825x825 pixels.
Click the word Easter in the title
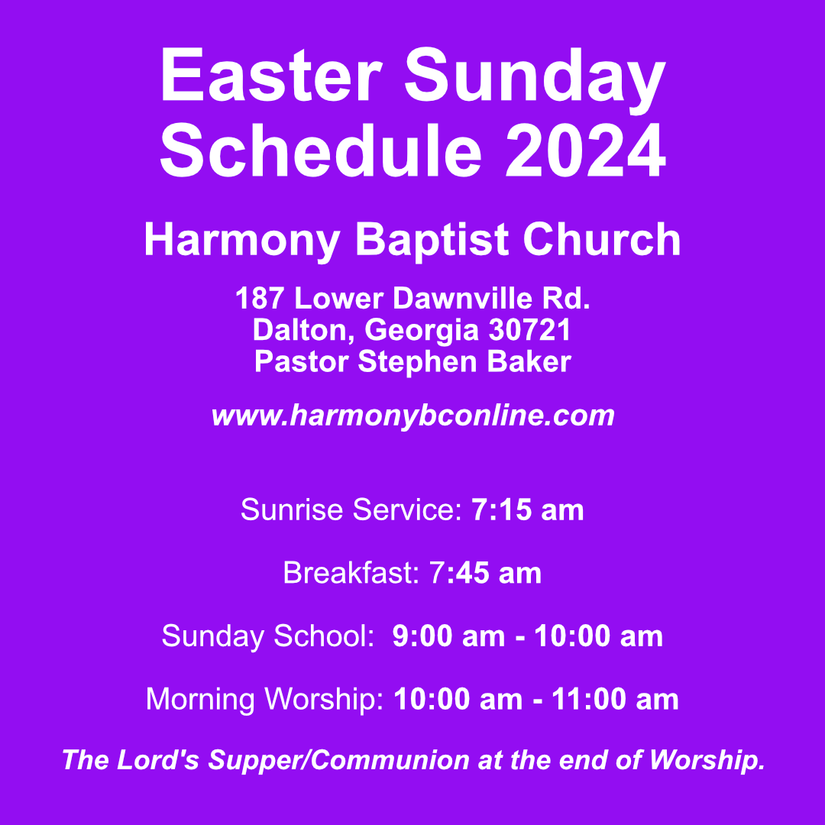click(x=271, y=76)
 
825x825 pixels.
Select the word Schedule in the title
click(x=321, y=150)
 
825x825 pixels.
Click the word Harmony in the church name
click(x=241, y=241)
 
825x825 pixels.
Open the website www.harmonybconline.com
click(x=412, y=416)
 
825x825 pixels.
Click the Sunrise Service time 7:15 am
click(x=528, y=510)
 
